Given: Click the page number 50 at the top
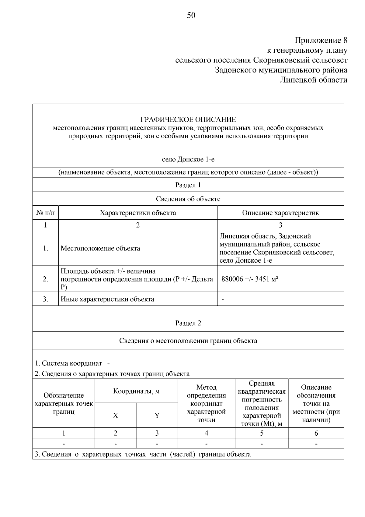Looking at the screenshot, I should pyautogui.click(x=191, y=15).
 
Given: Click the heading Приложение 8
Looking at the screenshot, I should pyautogui.click(x=321, y=40).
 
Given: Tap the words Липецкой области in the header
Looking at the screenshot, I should pyautogui.click(x=313, y=80).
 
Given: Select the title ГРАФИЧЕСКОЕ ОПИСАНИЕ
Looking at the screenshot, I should pyautogui.click(x=188, y=119).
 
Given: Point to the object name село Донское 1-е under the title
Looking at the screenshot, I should pyautogui.click(x=188, y=159).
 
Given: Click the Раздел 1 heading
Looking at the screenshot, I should pyautogui.click(x=188, y=185).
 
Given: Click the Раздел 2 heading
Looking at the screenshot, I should pyautogui.click(x=188, y=323).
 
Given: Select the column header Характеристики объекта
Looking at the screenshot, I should pyautogui.click(x=138, y=213).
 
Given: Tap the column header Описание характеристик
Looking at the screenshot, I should pyautogui.click(x=280, y=213).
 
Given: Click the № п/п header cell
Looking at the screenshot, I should pyautogui.click(x=45, y=213).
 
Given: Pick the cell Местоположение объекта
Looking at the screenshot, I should pyautogui.click(x=100, y=248).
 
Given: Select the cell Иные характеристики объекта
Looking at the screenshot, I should pyautogui.click(x=107, y=299).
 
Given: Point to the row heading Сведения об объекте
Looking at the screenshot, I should pyautogui.click(x=188, y=199).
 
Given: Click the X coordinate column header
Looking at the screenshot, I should pyautogui.click(x=115, y=416).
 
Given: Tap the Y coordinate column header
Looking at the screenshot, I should pyautogui.click(x=157, y=416).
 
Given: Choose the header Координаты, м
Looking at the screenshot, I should pyautogui.click(x=136, y=391).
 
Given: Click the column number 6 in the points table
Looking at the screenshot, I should pyautogui.click(x=316, y=433).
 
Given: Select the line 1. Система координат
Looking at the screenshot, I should pyautogui.click(x=68, y=363).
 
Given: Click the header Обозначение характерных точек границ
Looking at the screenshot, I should pyautogui.click(x=64, y=403).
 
